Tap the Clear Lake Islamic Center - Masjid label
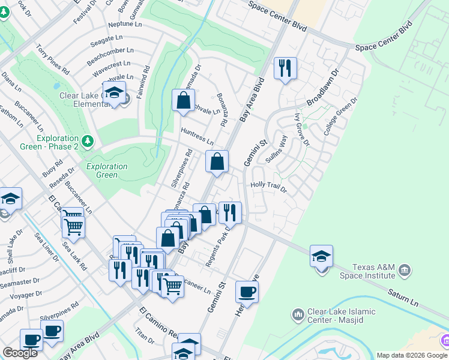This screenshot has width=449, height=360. pos(341,316)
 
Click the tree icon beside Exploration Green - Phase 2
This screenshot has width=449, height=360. pos(88,141)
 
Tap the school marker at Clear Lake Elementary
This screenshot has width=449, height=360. pos(113,93)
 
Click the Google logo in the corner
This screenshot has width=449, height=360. pos(20,353)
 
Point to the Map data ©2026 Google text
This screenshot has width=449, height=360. pos(412,355)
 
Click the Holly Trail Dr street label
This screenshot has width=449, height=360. pos(269,187)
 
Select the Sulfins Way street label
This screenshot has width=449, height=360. pos(282,148)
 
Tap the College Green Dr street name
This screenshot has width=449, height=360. pos(341,115)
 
